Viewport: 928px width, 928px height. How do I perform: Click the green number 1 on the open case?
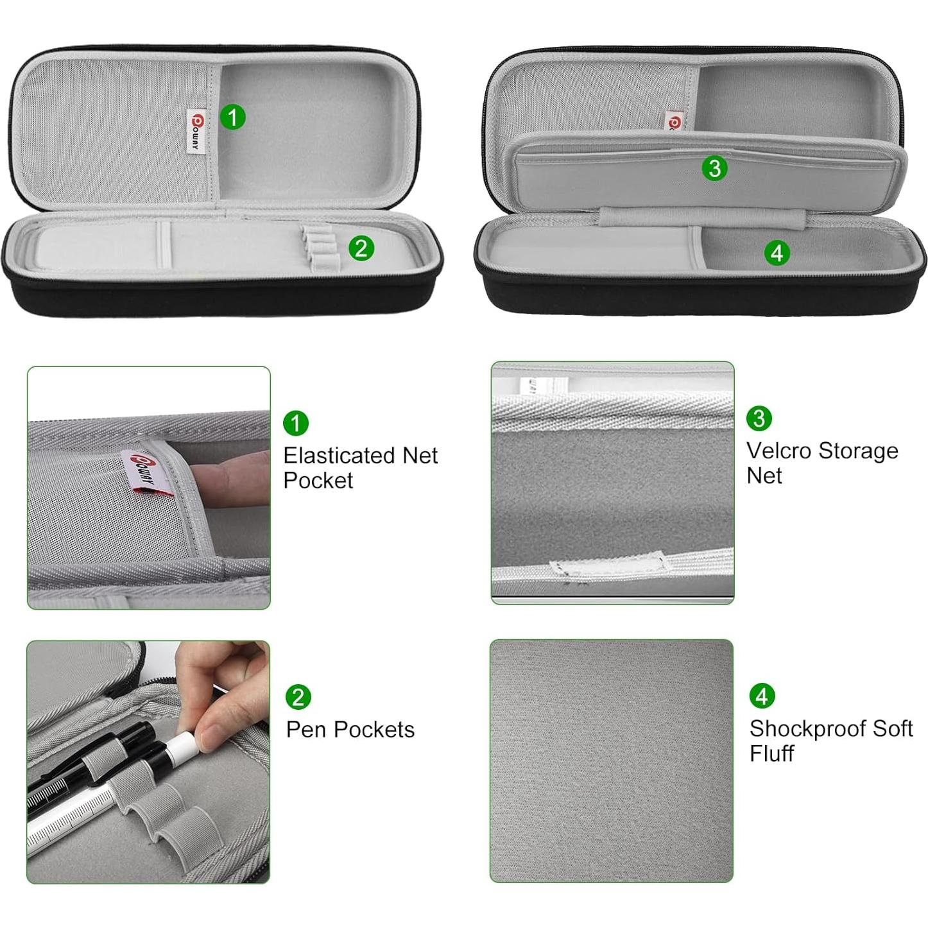point(232,117)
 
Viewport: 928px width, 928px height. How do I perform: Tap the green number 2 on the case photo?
point(361,248)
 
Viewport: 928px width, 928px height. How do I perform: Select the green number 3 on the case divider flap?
point(715,168)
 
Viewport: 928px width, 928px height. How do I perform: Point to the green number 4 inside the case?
point(777,253)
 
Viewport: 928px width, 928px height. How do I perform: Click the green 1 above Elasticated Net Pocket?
point(296,424)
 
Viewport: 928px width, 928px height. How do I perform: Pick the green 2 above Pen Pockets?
point(298,697)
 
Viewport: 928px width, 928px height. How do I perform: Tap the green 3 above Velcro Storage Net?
point(759,418)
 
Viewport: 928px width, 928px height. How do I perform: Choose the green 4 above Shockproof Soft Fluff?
point(762,696)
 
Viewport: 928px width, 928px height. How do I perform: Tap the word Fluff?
point(772,753)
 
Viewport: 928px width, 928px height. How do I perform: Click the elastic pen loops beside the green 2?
point(320,246)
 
